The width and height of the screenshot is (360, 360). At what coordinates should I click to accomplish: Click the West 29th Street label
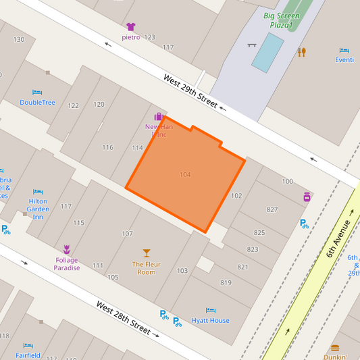click(190, 91)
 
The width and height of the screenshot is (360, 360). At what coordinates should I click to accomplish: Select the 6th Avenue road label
click(339, 238)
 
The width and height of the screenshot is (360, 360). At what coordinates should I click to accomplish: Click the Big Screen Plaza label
click(282, 20)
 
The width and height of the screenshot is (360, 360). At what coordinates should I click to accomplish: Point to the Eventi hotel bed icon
click(344, 51)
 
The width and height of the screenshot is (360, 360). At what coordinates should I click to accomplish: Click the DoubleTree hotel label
click(37, 103)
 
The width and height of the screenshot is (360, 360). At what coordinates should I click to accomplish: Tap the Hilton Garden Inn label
click(38, 209)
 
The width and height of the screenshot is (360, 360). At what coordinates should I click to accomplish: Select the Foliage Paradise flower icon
click(66, 249)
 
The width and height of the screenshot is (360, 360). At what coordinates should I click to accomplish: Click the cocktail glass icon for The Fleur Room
click(147, 253)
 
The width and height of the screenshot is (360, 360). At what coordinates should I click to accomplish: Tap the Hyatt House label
click(210, 320)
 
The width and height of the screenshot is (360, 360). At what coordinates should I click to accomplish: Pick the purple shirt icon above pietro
click(131, 27)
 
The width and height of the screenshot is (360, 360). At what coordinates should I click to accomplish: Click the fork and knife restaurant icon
click(302, 51)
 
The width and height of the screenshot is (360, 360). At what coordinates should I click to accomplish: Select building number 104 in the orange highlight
click(185, 175)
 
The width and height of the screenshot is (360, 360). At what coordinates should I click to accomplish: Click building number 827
click(272, 209)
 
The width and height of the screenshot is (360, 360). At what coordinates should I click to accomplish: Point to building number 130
click(19, 40)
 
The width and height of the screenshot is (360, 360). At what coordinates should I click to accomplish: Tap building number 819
click(226, 283)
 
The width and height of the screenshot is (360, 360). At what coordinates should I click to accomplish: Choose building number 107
click(127, 234)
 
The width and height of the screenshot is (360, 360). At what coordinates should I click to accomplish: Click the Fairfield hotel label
click(28, 355)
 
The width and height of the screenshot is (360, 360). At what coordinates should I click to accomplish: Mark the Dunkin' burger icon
click(334, 348)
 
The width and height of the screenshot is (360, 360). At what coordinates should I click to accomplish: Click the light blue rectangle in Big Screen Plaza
click(267, 52)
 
